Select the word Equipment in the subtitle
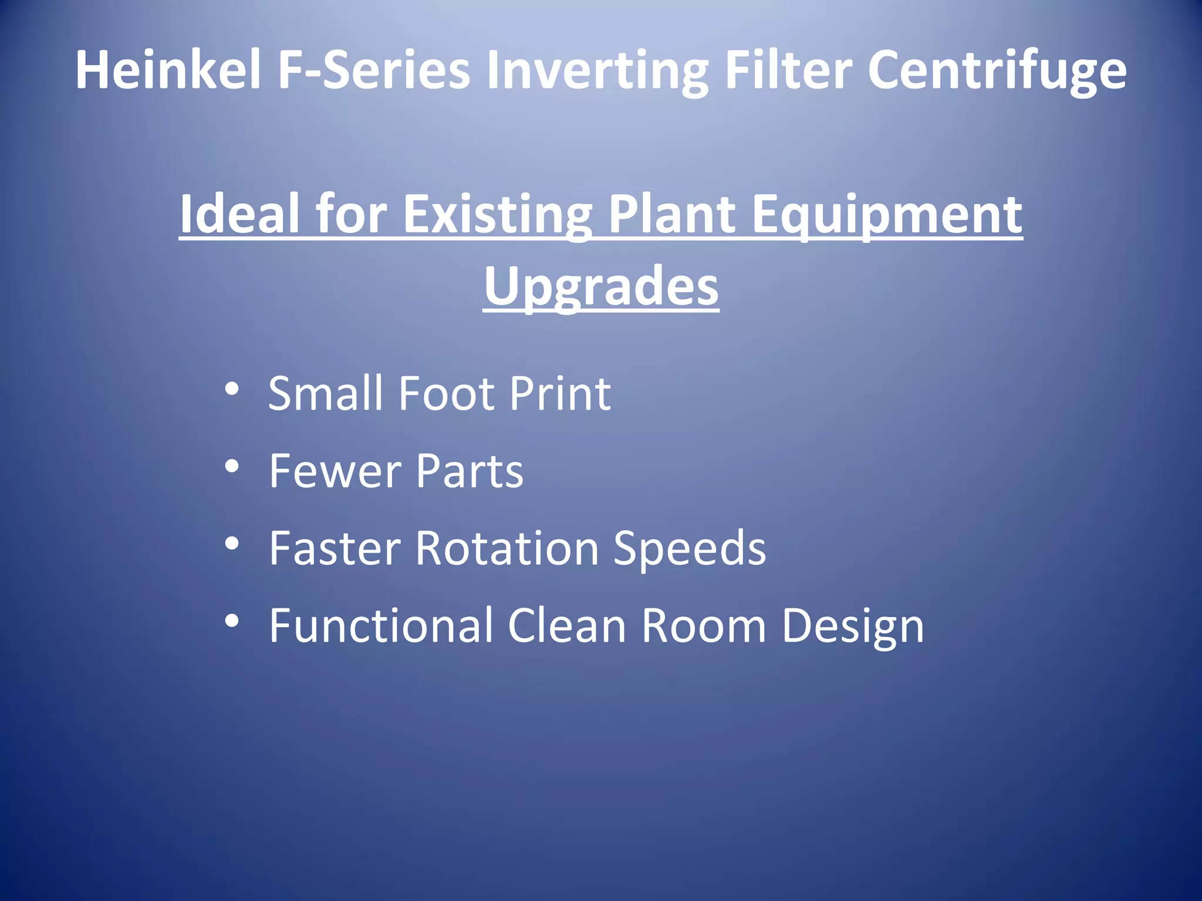pos(887,214)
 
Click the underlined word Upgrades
pos(601,286)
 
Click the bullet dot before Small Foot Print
pos(232,389)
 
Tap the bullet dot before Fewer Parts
pos(232,467)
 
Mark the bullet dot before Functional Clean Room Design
pos(232,621)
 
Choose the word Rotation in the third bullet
pos(507,548)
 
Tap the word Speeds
pos(690,549)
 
